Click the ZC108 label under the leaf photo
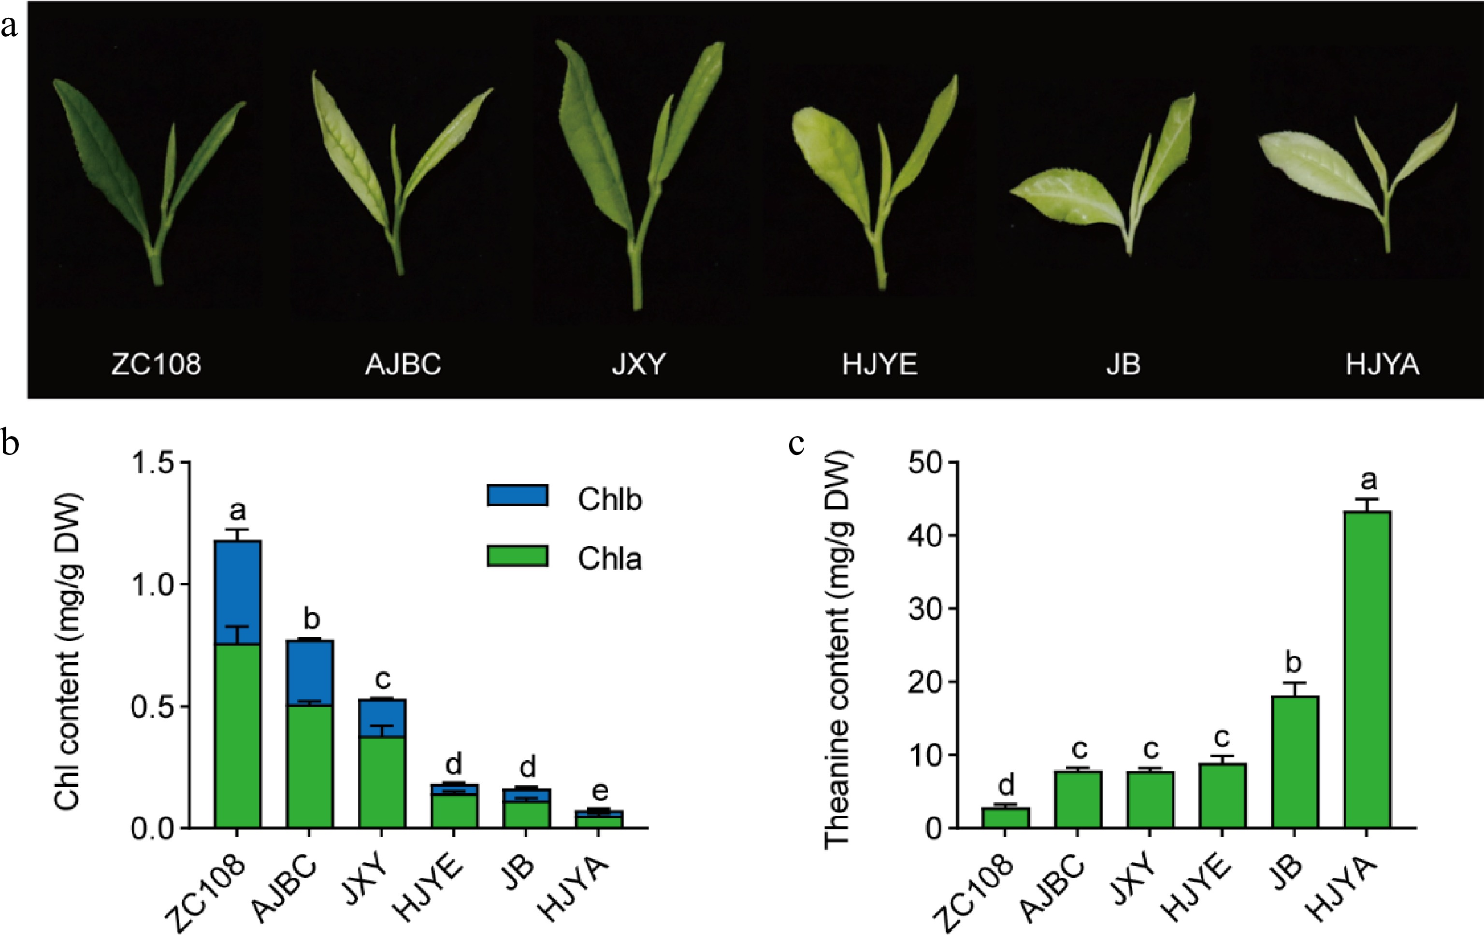156,364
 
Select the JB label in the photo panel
1123,364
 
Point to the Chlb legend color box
517,496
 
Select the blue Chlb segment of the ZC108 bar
237,591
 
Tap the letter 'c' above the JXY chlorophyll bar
383,679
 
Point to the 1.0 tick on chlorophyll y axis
154,584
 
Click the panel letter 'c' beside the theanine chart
796,443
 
